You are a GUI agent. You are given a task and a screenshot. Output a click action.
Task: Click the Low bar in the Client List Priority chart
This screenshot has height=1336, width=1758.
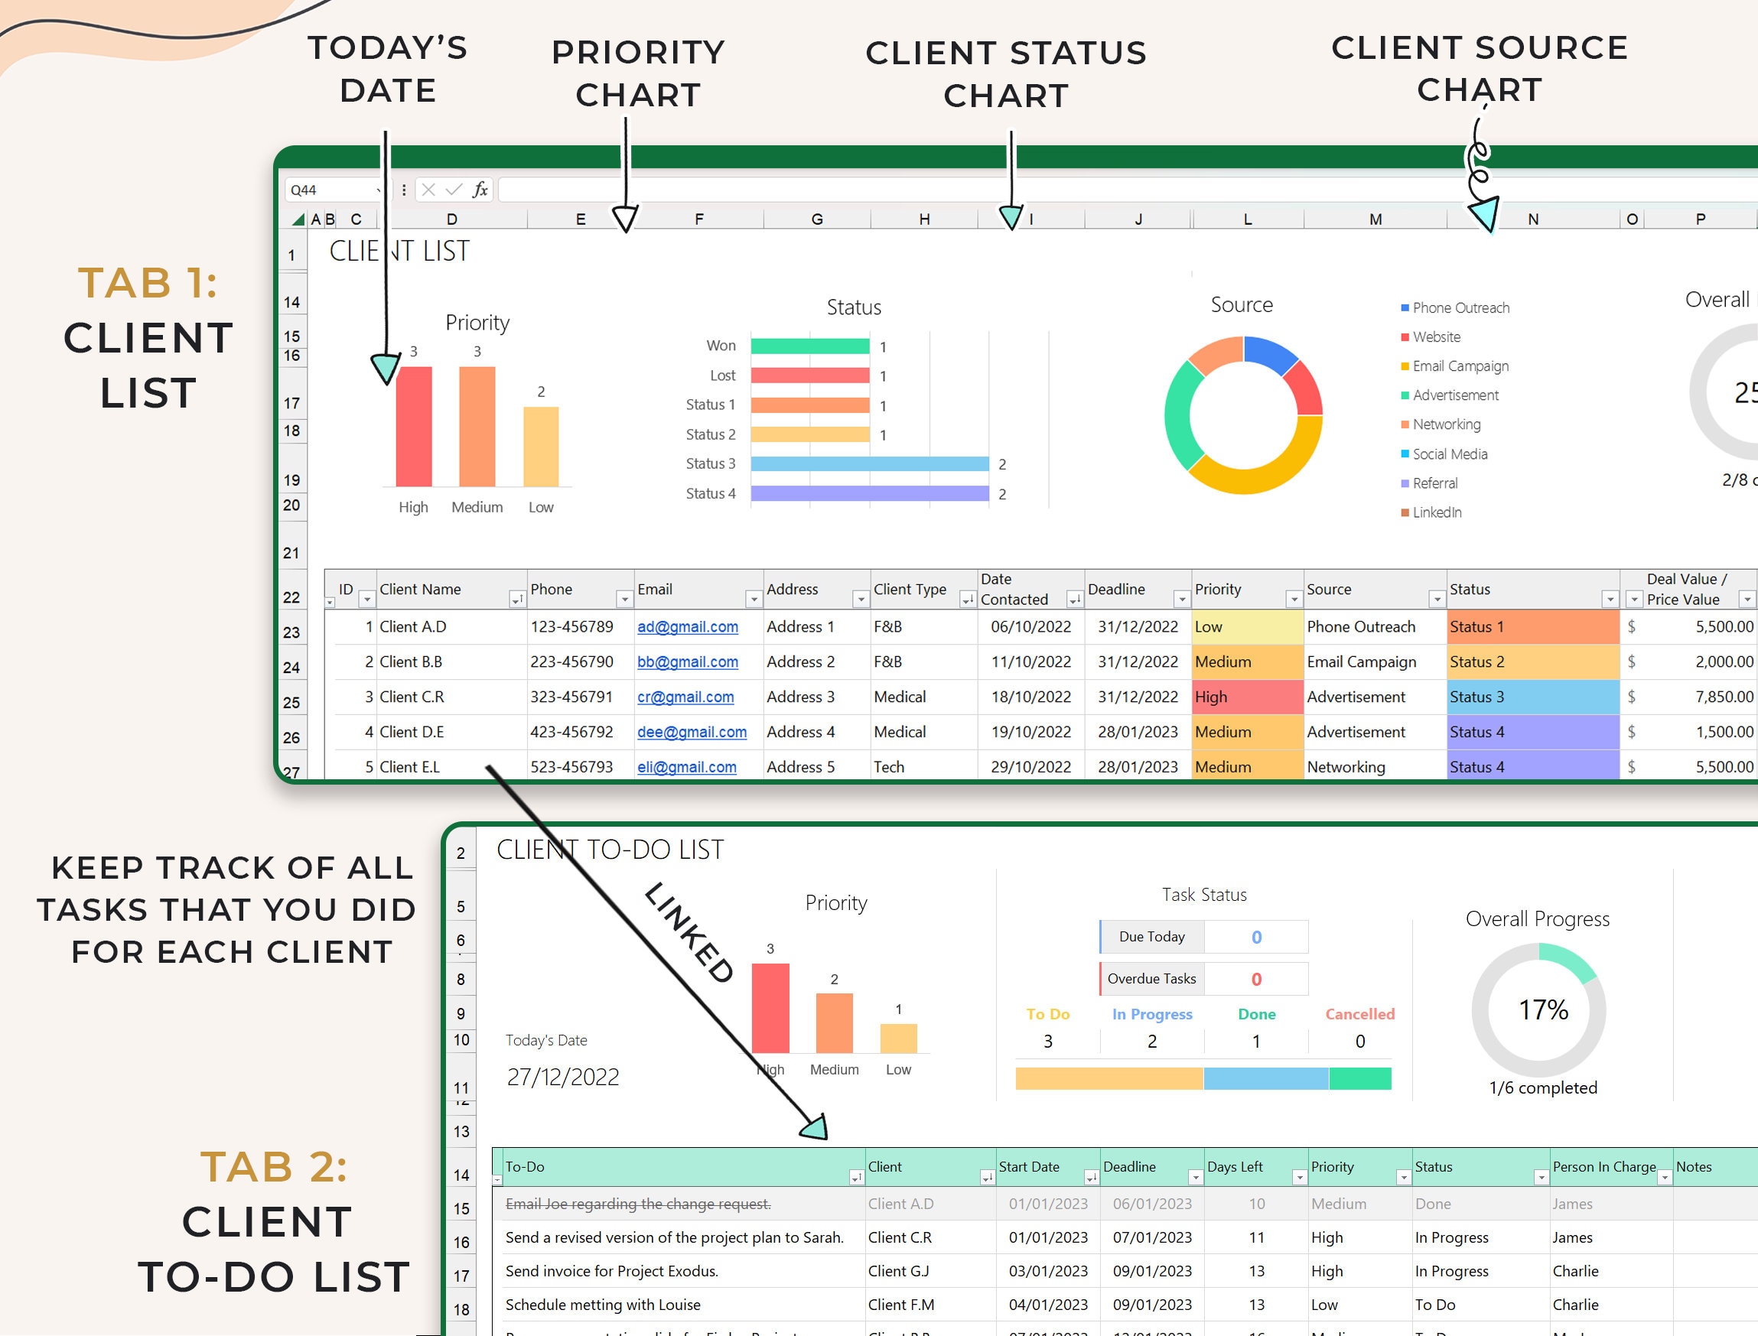(541, 446)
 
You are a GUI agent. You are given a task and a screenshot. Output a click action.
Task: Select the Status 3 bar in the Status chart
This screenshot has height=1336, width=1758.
(870, 463)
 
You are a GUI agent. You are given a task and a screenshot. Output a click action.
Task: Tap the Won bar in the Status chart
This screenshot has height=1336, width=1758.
(810, 346)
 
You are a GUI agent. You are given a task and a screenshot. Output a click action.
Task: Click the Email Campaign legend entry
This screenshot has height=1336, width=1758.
(1460, 366)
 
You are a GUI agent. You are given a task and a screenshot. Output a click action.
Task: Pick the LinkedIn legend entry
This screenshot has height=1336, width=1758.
(1437, 513)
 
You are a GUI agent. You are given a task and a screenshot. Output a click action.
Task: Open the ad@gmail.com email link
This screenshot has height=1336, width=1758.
(687, 626)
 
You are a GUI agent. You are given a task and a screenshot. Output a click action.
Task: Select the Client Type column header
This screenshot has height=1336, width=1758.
(910, 590)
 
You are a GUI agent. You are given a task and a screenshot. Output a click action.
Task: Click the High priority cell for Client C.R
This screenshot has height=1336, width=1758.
(1246, 697)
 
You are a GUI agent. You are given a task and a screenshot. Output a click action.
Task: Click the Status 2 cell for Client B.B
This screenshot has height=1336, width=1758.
(1532, 661)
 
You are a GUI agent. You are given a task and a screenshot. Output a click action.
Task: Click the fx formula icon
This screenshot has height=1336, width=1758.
(480, 189)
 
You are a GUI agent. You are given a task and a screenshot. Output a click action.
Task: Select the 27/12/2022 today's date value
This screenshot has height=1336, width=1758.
(563, 1077)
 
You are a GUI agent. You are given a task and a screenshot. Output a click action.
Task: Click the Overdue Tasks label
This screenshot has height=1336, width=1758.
(1151, 979)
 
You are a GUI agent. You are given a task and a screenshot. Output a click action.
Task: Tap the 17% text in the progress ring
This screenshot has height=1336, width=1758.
(1543, 1010)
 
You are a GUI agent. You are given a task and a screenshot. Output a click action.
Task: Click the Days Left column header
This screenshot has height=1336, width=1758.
(1235, 1167)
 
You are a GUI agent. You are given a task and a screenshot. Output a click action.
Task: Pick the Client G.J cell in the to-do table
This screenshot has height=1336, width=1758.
(898, 1271)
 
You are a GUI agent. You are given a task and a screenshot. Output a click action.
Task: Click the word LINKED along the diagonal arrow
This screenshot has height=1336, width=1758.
(689, 932)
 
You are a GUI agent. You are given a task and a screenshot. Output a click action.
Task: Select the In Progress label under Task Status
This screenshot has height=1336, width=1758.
(1152, 1014)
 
